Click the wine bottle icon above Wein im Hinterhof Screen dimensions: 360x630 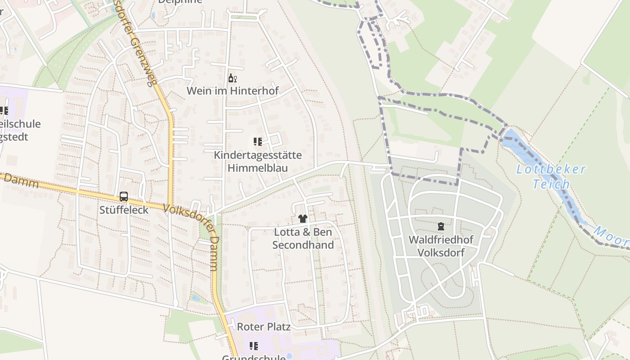[x=232, y=78]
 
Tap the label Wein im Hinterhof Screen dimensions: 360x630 [x=233, y=91]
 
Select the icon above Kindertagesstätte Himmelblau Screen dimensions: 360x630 [x=257, y=142]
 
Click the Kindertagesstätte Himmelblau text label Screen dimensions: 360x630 [x=257, y=162]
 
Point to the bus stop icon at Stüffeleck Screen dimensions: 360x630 [x=124, y=197]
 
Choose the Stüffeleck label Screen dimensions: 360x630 [x=124, y=210]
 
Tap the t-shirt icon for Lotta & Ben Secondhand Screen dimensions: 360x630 [x=302, y=219]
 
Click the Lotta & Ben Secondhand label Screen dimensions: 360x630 [x=303, y=239]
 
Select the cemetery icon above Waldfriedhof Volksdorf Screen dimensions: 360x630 [x=441, y=226]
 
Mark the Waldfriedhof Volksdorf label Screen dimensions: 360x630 [x=441, y=246]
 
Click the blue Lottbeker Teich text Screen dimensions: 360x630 [x=551, y=176]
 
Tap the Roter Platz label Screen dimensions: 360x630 [x=264, y=327]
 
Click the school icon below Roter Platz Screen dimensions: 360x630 [x=254, y=346]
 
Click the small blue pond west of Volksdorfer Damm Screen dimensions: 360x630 [x=195, y=297]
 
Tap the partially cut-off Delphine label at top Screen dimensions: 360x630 [x=180, y=2]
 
